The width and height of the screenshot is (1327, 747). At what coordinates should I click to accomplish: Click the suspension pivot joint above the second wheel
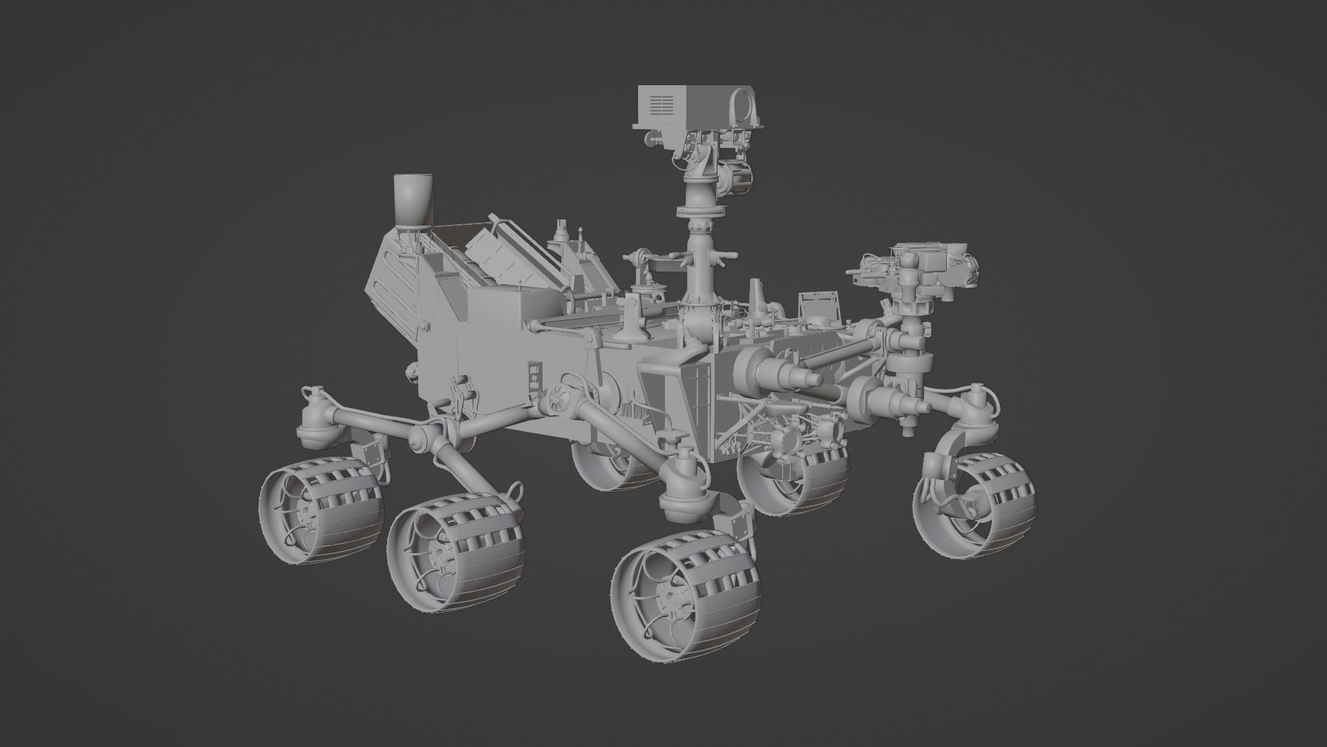[423, 438]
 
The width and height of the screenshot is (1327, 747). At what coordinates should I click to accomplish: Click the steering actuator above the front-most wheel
[684, 484]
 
